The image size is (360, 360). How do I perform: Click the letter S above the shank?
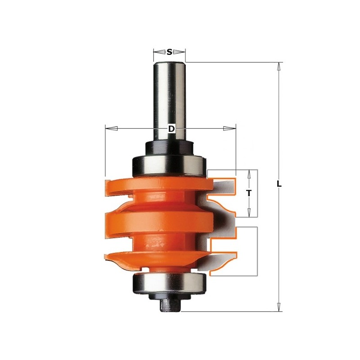(x=169, y=52)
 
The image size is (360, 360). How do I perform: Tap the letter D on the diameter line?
(x=171, y=129)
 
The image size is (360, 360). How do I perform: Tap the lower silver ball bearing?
(x=169, y=284)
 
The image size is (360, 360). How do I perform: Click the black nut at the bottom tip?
(x=169, y=305)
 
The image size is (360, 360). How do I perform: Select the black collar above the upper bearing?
(x=169, y=148)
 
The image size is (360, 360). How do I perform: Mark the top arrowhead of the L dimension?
(x=279, y=67)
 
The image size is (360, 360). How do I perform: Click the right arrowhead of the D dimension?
(x=229, y=129)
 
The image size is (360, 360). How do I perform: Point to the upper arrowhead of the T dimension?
(x=249, y=174)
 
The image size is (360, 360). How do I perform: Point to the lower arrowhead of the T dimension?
(x=249, y=212)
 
